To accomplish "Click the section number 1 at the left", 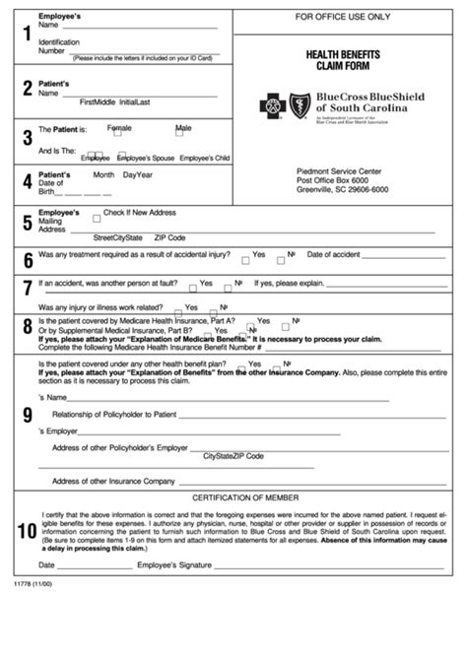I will click(x=26, y=34).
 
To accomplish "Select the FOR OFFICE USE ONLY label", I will click(x=342, y=18).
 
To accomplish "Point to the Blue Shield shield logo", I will click(x=299, y=104).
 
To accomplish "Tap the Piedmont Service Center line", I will click(x=338, y=170).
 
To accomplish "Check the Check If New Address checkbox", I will click(x=97, y=219).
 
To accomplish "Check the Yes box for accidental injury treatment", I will click(x=245, y=260).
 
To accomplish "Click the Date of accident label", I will click(x=335, y=254).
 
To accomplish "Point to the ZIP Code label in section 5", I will click(x=170, y=237).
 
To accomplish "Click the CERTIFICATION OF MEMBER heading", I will click(x=245, y=497).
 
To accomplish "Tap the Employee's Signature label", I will click(x=174, y=565).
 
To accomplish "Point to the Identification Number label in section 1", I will click(x=52, y=47).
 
